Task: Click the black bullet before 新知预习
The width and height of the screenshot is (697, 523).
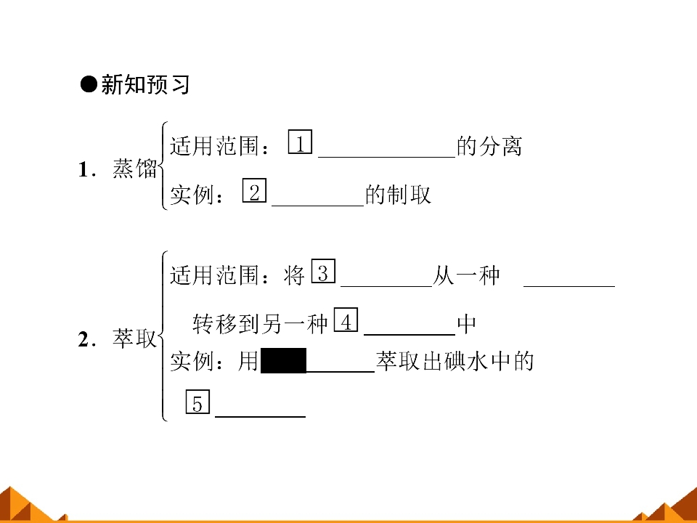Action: (89, 84)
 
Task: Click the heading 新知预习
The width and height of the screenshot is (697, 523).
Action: (145, 84)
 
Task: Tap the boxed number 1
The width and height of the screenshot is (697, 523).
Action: (300, 142)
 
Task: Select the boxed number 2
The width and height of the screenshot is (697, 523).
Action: (254, 190)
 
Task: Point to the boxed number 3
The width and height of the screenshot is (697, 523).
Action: (323, 271)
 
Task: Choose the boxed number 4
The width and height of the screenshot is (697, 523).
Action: (346, 320)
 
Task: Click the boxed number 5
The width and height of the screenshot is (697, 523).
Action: (197, 402)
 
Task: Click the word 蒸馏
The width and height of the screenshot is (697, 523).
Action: (135, 169)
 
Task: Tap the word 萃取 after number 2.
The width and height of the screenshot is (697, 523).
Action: (135, 338)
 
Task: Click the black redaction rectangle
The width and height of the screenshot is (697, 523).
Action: (284, 361)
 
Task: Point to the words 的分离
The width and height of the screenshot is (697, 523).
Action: (489, 146)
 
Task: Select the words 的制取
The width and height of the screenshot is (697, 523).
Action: (399, 195)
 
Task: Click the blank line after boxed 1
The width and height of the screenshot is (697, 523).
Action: (387, 157)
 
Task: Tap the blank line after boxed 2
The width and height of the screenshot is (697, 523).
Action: (318, 206)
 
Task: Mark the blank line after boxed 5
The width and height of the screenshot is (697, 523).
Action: (261, 416)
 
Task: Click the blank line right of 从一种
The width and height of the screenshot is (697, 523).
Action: (569, 286)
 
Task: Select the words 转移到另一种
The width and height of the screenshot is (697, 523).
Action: (260, 323)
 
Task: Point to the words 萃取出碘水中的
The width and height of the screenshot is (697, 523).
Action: (455, 361)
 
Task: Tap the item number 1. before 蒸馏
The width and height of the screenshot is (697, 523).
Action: (86, 169)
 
